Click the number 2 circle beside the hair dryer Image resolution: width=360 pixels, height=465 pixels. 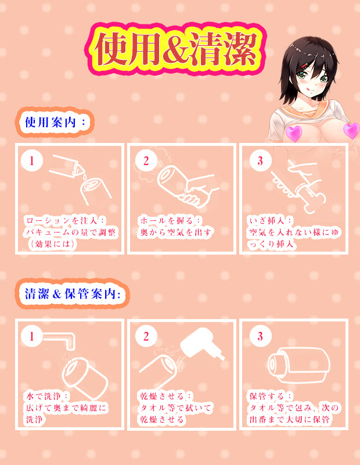click(146, 337)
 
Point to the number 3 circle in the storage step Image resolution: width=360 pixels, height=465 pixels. click(260, 337)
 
